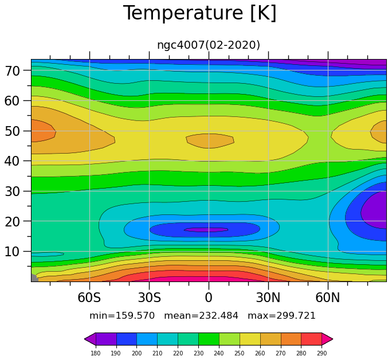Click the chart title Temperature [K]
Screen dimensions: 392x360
(x=200, y=13)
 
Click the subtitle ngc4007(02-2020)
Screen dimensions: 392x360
(x=209, y=45)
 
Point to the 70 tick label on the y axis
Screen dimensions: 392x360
(x=12, y=71)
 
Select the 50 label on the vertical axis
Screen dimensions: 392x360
(x=12, y=131)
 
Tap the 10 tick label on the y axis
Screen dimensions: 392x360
(x=12, y=252)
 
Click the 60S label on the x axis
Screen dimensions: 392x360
(x=89, y=298)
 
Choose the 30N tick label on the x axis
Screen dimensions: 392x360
(x=268, y=298)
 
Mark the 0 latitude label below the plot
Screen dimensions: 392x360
(x=209, y=298)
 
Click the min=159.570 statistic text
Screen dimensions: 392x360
(x=122, y=315)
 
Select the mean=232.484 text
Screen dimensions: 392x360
(x=201, y=315)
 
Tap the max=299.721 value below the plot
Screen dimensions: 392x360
(x=281, y=315)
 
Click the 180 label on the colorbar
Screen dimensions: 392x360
(x=96, y=353)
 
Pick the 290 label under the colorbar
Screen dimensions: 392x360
(x=322, y=353)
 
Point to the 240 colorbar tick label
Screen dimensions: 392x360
(x=219, y=353)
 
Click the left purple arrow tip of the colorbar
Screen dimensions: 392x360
(x=85, y=339)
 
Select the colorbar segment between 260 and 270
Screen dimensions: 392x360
(x=271, y=339)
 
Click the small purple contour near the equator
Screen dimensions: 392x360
(x=206, y=229)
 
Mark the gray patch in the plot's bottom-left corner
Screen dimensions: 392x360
(x=34, y=278)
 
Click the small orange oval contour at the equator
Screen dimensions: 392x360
(x=210, y=141)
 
